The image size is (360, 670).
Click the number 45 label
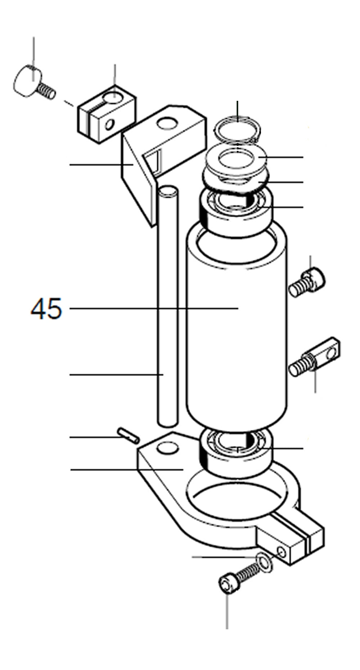46,309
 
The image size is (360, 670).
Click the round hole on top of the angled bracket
167,123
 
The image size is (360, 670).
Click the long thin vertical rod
168,306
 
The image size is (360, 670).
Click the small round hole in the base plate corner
168,448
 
